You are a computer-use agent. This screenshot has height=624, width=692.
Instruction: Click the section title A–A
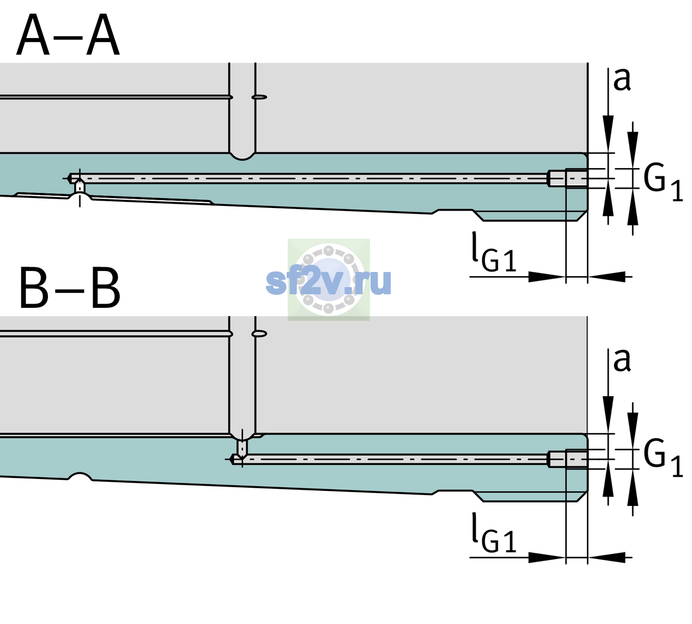[x=68, y=35]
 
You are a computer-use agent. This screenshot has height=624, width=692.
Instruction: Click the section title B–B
[x=70, y=289]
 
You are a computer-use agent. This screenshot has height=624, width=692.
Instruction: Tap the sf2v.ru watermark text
[x=328, y=282]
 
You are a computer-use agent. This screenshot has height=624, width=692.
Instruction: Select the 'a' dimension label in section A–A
[x=622, y=80]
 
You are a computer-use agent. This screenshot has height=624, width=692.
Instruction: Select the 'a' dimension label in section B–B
[x=622, y=360]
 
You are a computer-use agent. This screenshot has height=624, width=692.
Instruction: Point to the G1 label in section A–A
[x=663, y=185]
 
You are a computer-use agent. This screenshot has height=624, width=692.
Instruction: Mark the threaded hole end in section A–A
[x=568, y=178]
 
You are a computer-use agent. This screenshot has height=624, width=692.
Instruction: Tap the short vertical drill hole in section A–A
[x=80, y=187]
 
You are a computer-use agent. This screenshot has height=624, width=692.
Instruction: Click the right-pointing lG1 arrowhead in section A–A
[x=547, y=277]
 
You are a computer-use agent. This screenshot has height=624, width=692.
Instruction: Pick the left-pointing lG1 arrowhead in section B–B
[x=607, y=557]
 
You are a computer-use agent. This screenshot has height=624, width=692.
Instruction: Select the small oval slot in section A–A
[x=259, y=97]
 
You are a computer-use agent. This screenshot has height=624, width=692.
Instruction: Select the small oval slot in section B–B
[x=259, y=334]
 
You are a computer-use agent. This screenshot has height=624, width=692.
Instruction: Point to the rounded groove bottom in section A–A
[x=242, y=157]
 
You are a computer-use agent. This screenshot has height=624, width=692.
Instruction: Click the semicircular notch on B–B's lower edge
[x=80, y=476]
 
